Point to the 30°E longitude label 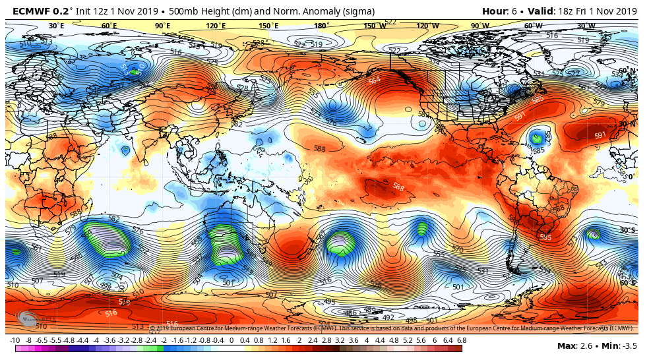click(57, 26)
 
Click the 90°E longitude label click(162, 26)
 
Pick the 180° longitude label click(321, 26)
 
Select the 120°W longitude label click(427, 26)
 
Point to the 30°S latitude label click(628, 230)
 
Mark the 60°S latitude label click(628, 283)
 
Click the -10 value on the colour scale click(15, 340)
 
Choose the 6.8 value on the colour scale click(462, 340)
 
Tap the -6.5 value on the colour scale click(42, 340)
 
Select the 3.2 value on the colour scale click(339, 340)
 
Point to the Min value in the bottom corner click(621, 346)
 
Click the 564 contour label click(374, 80)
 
